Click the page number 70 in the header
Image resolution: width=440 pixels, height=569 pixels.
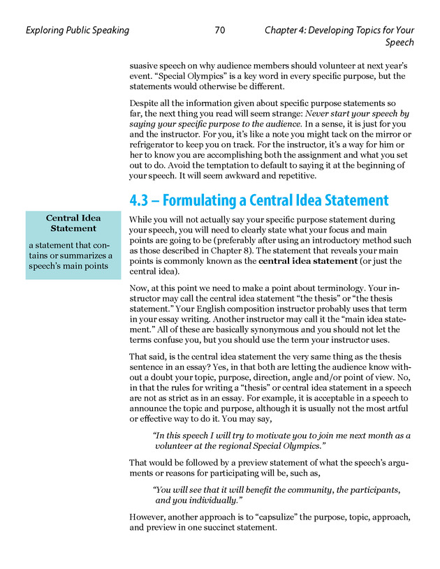pos(220,31)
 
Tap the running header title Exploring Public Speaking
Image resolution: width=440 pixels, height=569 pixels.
pos(77,31)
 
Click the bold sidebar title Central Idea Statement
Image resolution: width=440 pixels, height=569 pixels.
pos(73,223)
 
